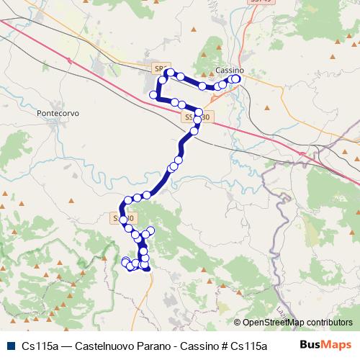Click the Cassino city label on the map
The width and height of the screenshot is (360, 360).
coord(230,71)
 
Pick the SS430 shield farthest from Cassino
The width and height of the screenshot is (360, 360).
coord(121,217)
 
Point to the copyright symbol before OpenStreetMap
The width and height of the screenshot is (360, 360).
coord(237,323)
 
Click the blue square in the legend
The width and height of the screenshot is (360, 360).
coord(11,345)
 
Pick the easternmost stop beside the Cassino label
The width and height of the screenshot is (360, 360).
coord(236,79)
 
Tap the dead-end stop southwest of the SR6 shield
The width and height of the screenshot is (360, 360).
coord(153,95)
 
